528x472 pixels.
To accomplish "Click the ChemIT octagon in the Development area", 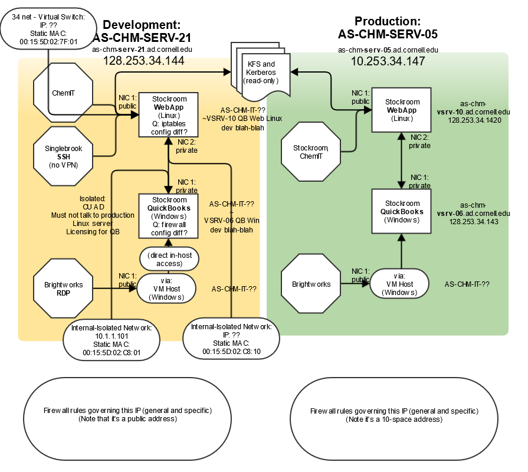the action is click(63, 93).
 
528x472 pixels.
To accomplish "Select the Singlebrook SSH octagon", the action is click(63, 156).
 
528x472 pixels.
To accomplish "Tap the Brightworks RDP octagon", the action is click(63, 289).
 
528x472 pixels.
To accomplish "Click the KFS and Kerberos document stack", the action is click(261, 72).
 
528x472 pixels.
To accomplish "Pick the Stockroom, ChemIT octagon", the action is click(311, 152).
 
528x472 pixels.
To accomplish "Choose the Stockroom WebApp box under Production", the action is click(401, 110).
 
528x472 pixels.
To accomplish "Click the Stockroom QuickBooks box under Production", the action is click(401, 211).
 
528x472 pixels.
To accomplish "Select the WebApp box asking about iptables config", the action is click(168, 115).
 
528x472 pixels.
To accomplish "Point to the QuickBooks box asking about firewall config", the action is click(168, 216).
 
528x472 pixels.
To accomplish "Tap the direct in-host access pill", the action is click(169, 259).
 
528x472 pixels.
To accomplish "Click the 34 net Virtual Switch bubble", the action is click(48, 29).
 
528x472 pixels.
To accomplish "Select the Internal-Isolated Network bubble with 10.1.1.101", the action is click(111, 340).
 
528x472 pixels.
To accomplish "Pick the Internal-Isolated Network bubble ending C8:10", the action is click(231, 339).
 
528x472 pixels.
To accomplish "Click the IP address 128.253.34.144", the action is click(144, 61).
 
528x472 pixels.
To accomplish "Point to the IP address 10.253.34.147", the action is click(388, 61).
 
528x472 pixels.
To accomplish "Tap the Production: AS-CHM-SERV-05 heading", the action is click(388, 28).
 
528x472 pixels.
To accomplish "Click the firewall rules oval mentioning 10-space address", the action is click(394, 419).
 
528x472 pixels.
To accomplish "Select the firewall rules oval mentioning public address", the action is click(127, 418).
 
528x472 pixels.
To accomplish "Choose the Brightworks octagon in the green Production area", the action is click(311, 284).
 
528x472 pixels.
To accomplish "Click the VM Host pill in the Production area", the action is click(399, 284).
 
